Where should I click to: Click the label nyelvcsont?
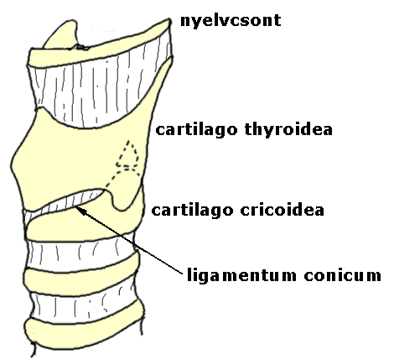231,21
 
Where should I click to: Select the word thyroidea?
288,129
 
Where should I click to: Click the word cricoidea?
282,210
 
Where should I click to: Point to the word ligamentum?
241,275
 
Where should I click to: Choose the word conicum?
343,275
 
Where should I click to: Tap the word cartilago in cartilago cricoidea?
192,211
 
